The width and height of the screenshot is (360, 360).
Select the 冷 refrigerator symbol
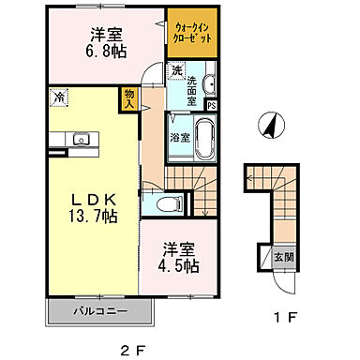pos(58,96)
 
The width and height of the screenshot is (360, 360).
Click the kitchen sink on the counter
pos(79,141)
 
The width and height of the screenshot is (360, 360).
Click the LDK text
pos(90,199)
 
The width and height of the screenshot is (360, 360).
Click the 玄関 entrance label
pos(282,256)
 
